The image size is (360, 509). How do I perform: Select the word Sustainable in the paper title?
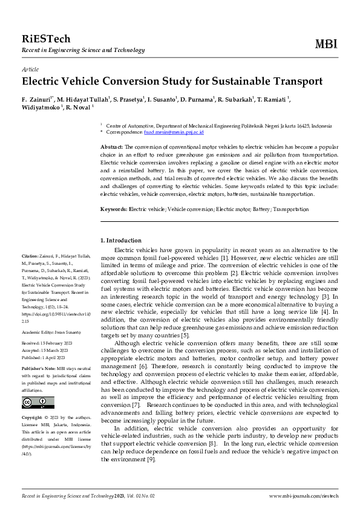[x=226, y=81]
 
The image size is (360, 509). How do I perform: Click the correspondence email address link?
[x=178, y=132]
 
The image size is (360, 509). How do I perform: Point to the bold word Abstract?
[x=111, y=147]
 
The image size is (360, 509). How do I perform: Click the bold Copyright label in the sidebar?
[x=32, y=417]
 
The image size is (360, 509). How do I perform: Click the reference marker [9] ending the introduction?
[x=151, y=459]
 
